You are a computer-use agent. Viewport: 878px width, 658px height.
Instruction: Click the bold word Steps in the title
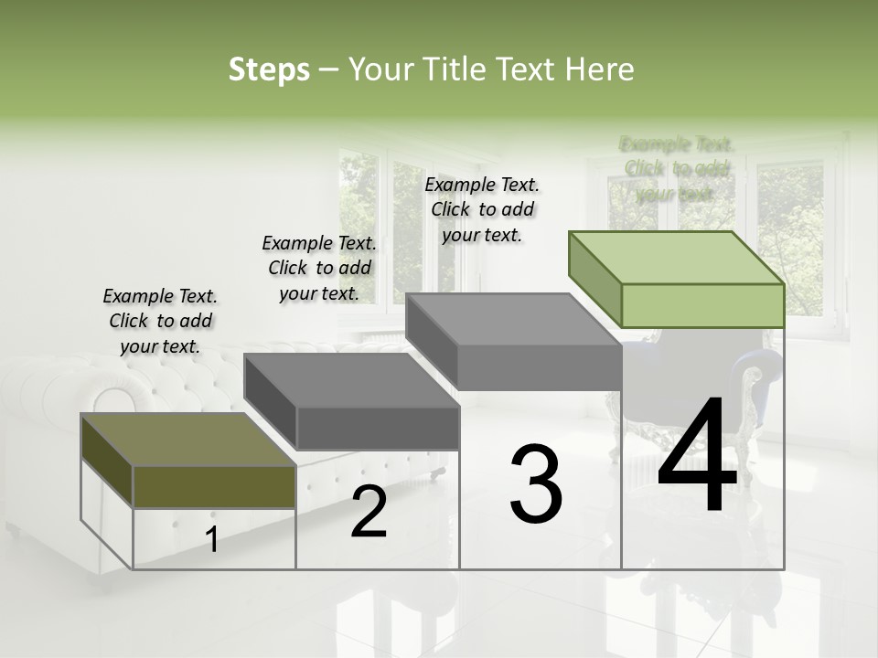(269, 69)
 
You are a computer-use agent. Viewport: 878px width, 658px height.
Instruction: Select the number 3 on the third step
(536, 484)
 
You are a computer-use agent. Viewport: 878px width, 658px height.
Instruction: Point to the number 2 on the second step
(369, 513)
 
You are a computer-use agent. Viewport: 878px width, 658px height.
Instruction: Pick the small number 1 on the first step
(212, 540)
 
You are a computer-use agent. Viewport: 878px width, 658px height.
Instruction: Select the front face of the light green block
(702, 305)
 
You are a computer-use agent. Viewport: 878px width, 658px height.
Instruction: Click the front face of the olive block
(214, 486)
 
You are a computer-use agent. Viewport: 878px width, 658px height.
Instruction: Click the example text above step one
(160, 321)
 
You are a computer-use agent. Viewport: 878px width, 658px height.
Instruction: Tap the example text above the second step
(319, 268)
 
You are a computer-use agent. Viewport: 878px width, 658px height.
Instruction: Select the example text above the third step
(482, 209)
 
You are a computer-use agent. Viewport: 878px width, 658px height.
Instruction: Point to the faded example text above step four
(676, 169)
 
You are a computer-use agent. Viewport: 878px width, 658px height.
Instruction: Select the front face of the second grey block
(378, 428)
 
